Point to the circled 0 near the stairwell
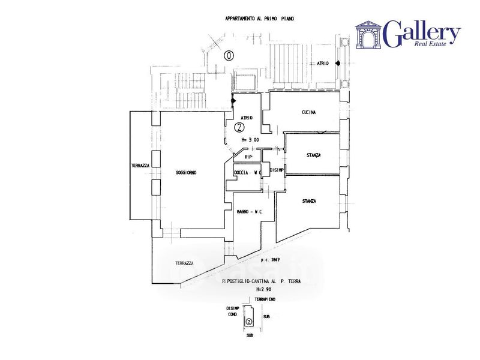pos(229,56)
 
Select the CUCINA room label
pos(309,112)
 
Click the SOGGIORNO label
pos(186,173)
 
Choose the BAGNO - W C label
pos(247,212)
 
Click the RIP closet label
pos(249,157)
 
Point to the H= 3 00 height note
pos(249,140)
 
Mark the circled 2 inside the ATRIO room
pos(239,127)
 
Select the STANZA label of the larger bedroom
pos(309,201)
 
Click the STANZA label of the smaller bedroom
pos(313,155)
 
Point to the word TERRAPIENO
pos(264,299)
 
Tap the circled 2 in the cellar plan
pos(248,321)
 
